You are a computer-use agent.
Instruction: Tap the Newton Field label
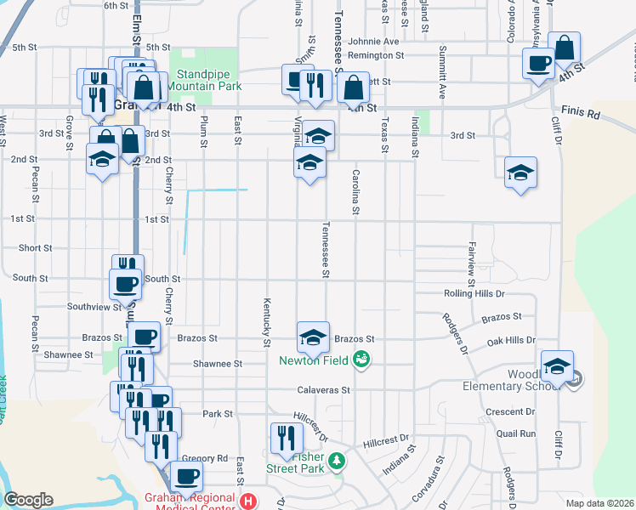(312, 360)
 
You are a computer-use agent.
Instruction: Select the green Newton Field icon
(362, 360)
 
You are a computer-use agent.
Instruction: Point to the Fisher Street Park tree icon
(338, 461)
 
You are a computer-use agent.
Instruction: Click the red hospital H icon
(248, 501)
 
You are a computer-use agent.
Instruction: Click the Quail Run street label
(517, 433)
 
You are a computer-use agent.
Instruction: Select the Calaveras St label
(324, 390)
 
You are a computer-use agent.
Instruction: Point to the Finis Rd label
(581, 112)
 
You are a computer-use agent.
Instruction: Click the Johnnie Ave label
(373, 41)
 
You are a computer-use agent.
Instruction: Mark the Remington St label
(376, 55)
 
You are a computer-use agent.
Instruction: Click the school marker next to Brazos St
(313, 337)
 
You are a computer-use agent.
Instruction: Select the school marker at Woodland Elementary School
(557, 366)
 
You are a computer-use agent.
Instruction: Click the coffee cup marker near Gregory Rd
(187, 476)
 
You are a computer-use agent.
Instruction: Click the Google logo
(28, 500)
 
